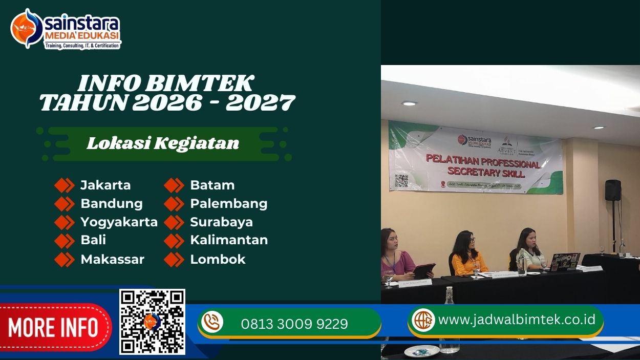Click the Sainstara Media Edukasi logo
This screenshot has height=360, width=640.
click(x=66, y=29)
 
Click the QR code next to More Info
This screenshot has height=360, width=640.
click(x=152, y=322)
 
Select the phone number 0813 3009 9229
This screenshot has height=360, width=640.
click(x=294, y=324)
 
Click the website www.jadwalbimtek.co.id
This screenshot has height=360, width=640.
click(x=517, y=320)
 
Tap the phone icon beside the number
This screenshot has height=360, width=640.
click(x=212, y=323)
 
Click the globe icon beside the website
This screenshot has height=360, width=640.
click(x=423, y=320)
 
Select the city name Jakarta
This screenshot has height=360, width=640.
click(x=105, y=185)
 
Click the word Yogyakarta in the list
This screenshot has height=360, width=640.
click(x=119, y=222)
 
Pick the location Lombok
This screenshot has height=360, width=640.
click(x=218, y=259)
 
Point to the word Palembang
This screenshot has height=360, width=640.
click(x=228, y=203)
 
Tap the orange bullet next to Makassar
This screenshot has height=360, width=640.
click(x=65, y=259)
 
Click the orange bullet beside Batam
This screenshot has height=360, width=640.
click(x=174, y=185)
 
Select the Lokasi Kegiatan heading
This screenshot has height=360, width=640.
click(x=163, y=143)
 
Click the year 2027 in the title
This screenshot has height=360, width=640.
click(x=261, y=102)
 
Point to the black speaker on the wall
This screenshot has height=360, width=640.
click(x=613, y=190)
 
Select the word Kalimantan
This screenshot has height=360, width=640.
click(x=229, y=240)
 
